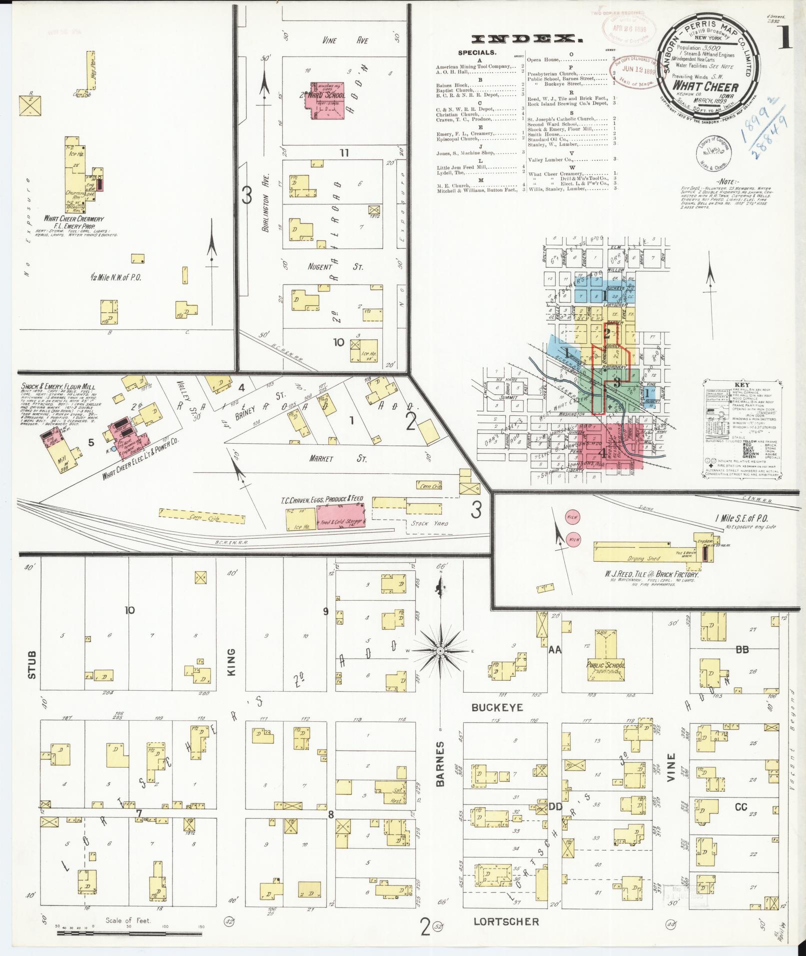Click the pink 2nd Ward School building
tap(327, 100)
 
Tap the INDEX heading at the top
tap(528, 39)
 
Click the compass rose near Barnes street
tap(440, 651)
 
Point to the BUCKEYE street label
tap(497, 708)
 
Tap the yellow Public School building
tap(606, 659)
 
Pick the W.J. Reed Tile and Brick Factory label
tap(651, 575)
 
